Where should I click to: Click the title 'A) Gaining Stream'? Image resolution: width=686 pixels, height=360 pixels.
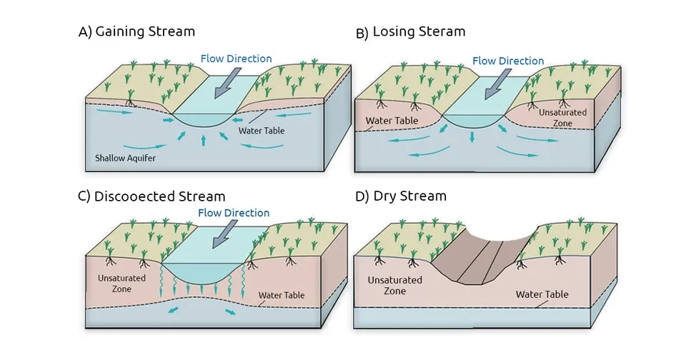tap(136, 32)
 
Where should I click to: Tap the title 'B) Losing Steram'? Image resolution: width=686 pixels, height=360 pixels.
tap(410, 32)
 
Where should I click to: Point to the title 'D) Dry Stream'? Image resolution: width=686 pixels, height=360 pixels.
tap(400, 196)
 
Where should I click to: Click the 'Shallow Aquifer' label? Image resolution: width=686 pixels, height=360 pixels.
tap(124, 157)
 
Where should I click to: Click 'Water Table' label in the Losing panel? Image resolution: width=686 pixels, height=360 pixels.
tap(392, 121)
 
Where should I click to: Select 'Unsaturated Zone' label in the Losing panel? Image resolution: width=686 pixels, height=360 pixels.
tap(562, 117)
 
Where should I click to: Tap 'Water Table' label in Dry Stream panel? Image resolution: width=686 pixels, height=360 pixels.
tap(542, 294)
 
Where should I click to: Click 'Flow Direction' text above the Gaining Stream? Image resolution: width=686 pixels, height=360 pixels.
tap(236, 59)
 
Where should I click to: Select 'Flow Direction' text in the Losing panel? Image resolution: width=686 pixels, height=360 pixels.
tap(508, 61)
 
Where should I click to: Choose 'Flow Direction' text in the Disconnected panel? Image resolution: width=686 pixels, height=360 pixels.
tap(234, 213)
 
